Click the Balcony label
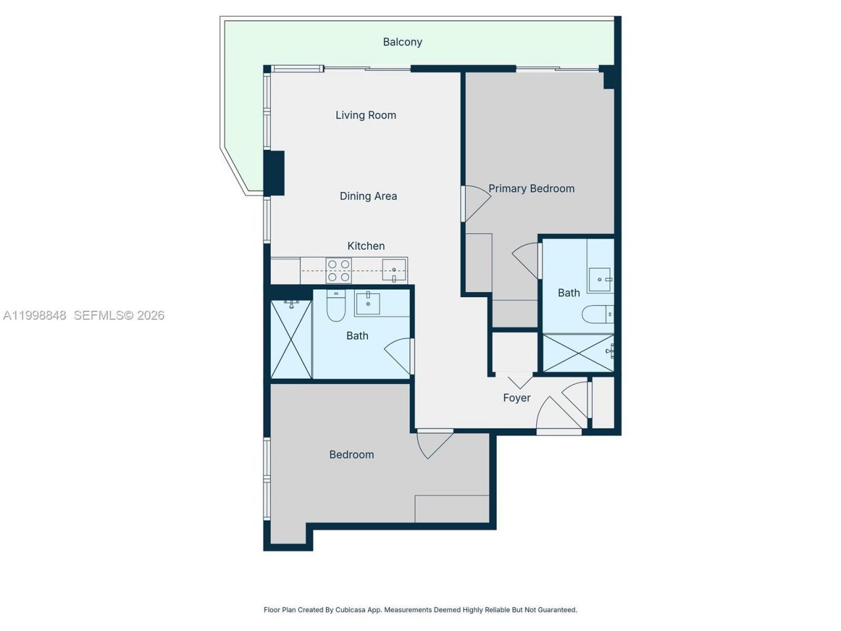coord(402,42)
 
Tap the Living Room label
coord(365,115)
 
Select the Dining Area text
coord(368,196)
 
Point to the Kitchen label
coord(366,246)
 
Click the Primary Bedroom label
coord(531,189)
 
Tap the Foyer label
coord(516,398)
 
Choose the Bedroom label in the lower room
coord(352,455)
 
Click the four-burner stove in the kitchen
coord(338,271)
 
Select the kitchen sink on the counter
coord(394,270)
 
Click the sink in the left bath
coord(368,304)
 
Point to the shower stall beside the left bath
coord(291,340)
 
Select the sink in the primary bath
coord(600,279)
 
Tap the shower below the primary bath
coord(578,353)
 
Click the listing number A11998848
coord(34,315)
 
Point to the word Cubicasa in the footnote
coord(350,610)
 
